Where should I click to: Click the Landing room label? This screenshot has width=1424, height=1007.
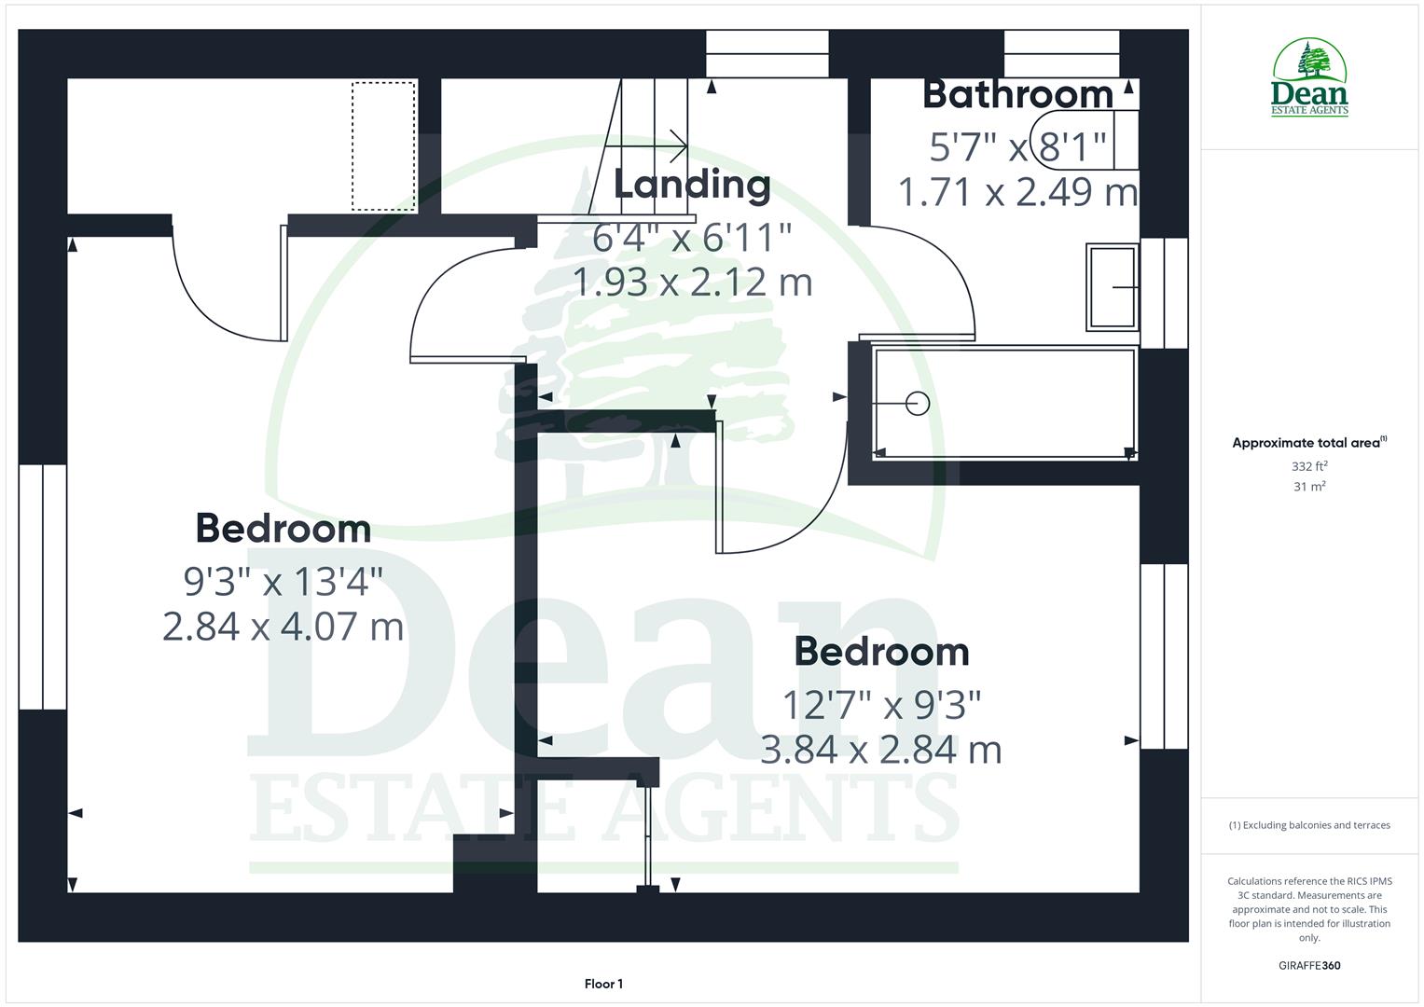[x=691, y=185]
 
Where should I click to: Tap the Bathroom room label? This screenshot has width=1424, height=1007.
[x=1017, y=94]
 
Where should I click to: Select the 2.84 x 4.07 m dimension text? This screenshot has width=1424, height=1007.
[x=283, y=626]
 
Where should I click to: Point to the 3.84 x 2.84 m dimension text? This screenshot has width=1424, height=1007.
[x=880, y=750]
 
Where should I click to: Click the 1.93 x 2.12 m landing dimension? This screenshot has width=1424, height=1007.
[x=691, y=282]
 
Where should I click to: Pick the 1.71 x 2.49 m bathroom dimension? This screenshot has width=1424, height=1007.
[x=1017, y=192]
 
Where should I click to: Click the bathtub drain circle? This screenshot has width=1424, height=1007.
[x=918, y=404]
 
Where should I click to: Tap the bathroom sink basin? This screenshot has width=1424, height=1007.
[x=1112, y=287]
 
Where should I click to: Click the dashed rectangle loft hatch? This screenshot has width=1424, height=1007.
[x=383, y=146]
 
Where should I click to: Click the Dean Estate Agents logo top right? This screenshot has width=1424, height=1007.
[x=1309, y=78]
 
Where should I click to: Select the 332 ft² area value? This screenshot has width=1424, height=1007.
[x=1309, y=466]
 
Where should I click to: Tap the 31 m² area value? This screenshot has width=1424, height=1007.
[x=1309, y=487]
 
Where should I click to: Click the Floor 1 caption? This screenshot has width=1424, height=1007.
[x=603, y=984]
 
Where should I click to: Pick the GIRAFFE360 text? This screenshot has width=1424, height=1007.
[x=1309, y=965]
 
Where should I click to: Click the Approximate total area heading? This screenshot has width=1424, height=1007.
[x=1309, y=443]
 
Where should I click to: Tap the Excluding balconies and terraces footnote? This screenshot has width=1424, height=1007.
[x=1309, y=825]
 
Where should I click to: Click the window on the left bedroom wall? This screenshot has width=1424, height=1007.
[x=43, y=586]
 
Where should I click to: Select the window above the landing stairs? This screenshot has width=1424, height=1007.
[x=767, y=53]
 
